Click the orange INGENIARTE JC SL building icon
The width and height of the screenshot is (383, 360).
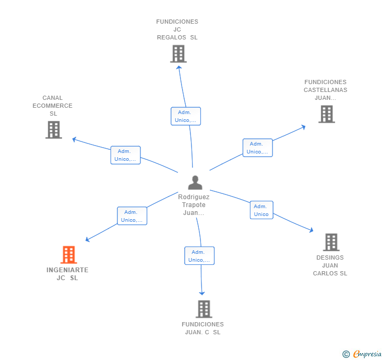pyautogui.click(x=69, y=254)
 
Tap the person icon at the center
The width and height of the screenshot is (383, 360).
pyautogui.click(x=195, y=182)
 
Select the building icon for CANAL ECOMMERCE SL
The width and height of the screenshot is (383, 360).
pyautogui.click(x=54, y=130)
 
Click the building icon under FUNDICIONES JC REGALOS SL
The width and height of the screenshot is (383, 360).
pyautogui.click(x=178, y=54)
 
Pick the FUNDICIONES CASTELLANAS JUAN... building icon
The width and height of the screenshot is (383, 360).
pyautogui.click(x=327, y=114)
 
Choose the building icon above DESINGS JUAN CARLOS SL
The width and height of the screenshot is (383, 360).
pyautogui.click(x=331, y=242)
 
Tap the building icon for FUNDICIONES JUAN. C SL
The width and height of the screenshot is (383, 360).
pyautogui.click(x=204, y=309)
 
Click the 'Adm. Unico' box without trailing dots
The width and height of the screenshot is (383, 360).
pyautogui.click(x=261, y=210)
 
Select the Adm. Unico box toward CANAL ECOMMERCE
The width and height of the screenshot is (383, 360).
pyautogui.click(x=126, y=155)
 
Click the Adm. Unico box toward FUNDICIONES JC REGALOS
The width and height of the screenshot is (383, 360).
pyautogui.click(x=186, y=116)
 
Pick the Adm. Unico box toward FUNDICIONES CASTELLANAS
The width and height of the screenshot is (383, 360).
pyautogui.click(x=258, y=148)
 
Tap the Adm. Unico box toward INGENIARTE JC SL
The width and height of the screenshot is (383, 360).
pyautogui.click(x=132, y=216)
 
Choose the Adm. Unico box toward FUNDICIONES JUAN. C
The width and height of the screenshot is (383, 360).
pyautogui.click(x=199, y=256)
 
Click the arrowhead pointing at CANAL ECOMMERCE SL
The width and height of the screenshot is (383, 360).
pyautogui.click(x=74, y=139)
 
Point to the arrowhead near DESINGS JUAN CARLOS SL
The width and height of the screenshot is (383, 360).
pyautogui.click(x=311, y=230)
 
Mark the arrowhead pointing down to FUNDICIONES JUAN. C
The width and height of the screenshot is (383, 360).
pyautogui.click(x=202, y=293)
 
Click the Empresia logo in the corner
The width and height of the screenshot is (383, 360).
pyautogui.click(x=362, y=354)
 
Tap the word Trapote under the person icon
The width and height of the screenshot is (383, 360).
pyautogui.click(x=194, y=205)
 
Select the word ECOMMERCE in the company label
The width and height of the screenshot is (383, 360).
pyautogui.click(x=53, y=106)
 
